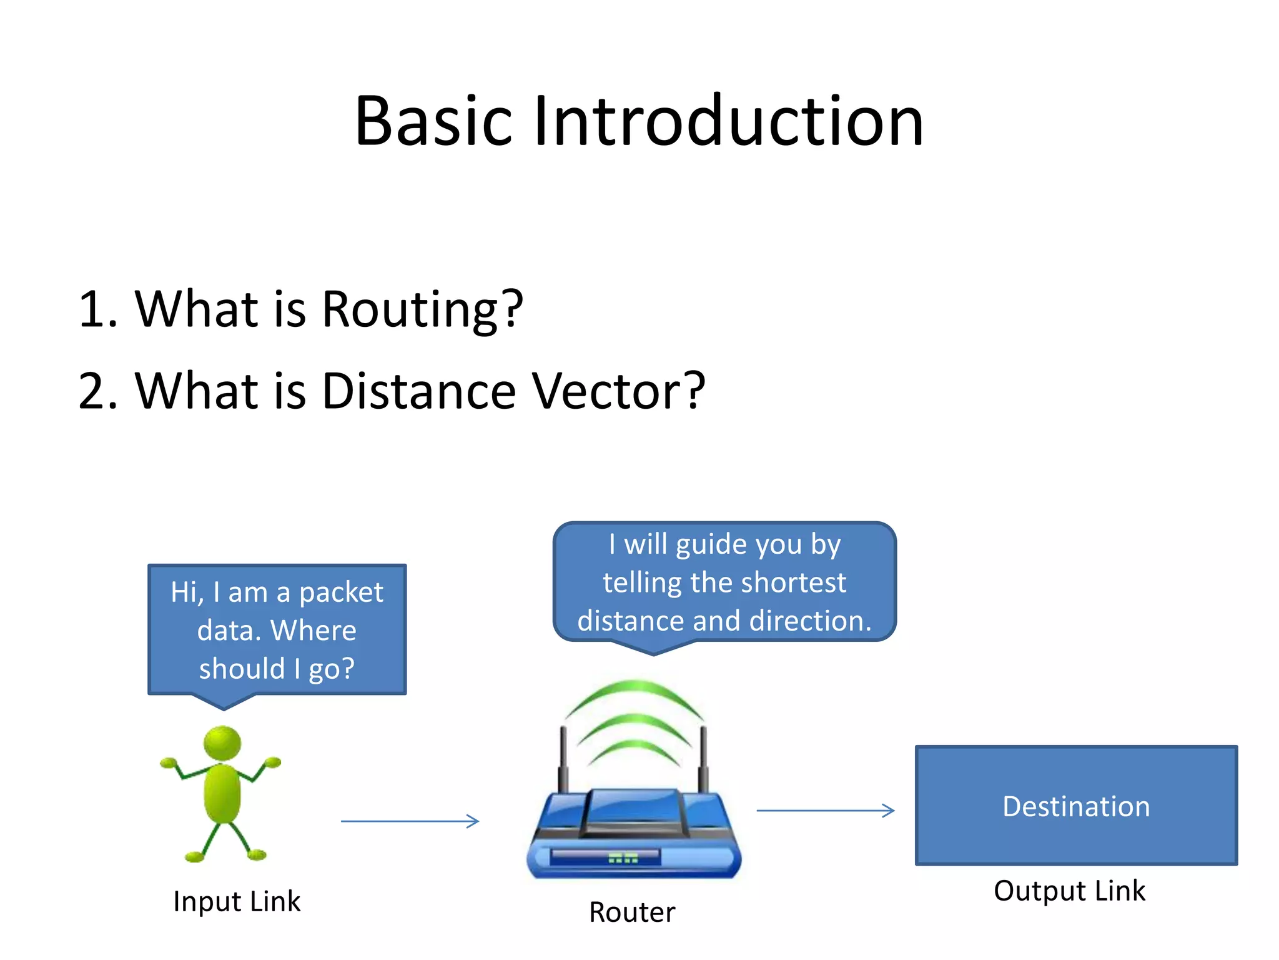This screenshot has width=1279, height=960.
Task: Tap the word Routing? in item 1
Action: [422, 309]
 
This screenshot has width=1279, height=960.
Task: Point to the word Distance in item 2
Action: [418, 391]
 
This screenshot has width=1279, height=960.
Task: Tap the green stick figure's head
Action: [222, 742]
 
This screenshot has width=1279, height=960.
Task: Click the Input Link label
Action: [237, 901]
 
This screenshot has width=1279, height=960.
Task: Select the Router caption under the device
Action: [632, 912]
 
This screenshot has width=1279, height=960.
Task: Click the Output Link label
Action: [1069, 891]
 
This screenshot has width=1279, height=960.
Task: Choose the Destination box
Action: [1076, 806]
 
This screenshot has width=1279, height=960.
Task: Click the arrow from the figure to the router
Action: [410, 821]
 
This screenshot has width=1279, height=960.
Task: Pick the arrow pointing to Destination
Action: [825, 811]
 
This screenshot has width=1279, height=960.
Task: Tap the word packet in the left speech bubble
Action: [341, 592]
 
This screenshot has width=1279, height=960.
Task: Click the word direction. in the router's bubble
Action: [810, 621]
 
